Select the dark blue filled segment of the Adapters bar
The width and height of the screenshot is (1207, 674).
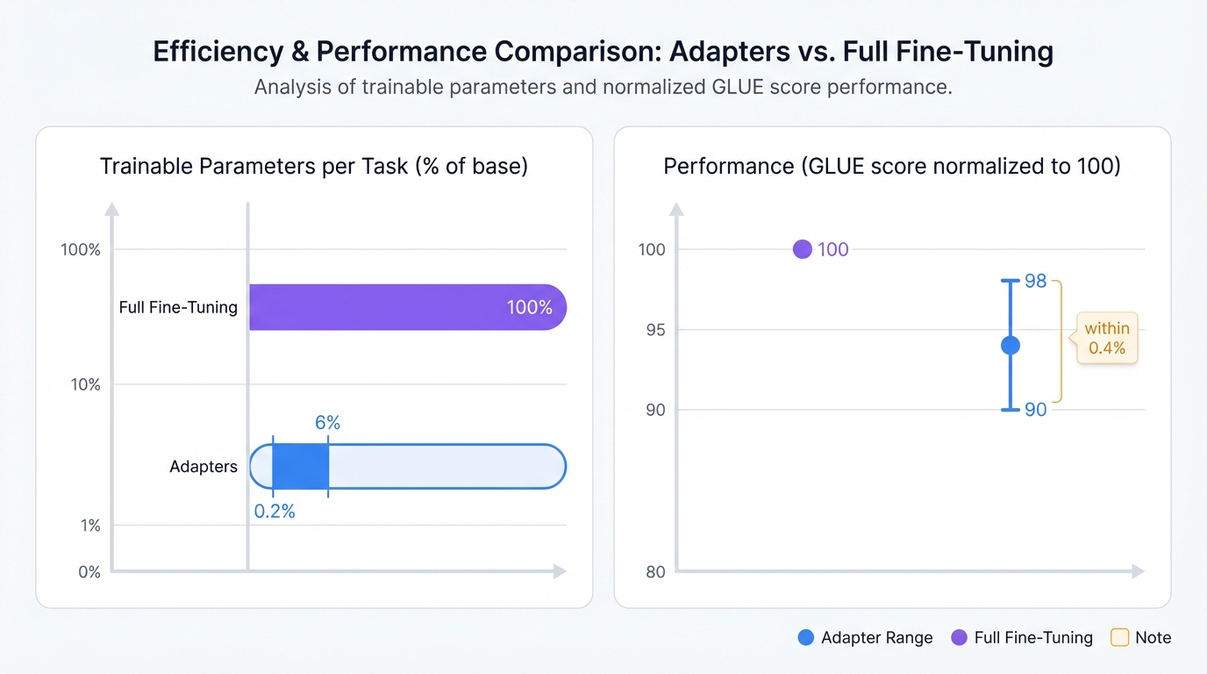tap(300, 466)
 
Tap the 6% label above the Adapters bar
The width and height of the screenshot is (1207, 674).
tap(327, 422)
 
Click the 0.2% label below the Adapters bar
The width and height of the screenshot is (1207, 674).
tap(275, 512)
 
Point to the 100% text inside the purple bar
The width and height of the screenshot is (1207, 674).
tap(529, 307)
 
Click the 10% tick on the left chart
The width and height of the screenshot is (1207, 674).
tap(85, 384)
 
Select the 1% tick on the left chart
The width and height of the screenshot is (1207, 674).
tap(89, 526)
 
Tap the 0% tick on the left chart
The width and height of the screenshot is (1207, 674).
tap(89, 572)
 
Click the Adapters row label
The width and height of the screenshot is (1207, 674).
tap(203, 467)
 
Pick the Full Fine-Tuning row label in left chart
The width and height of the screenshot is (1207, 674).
tap(178, 307)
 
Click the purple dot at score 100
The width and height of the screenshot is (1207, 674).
tap(802, 249)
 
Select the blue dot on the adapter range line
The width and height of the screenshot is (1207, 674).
tap(1011, 346)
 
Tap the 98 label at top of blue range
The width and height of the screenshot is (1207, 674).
tap(1036, 281)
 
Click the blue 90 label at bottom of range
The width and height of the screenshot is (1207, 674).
tap(1036, 410)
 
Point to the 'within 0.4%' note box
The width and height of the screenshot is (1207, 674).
tap(1107, 338)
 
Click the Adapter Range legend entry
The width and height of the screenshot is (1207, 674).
tap(865, 638)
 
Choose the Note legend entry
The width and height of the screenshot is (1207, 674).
tap(1141, 638)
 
